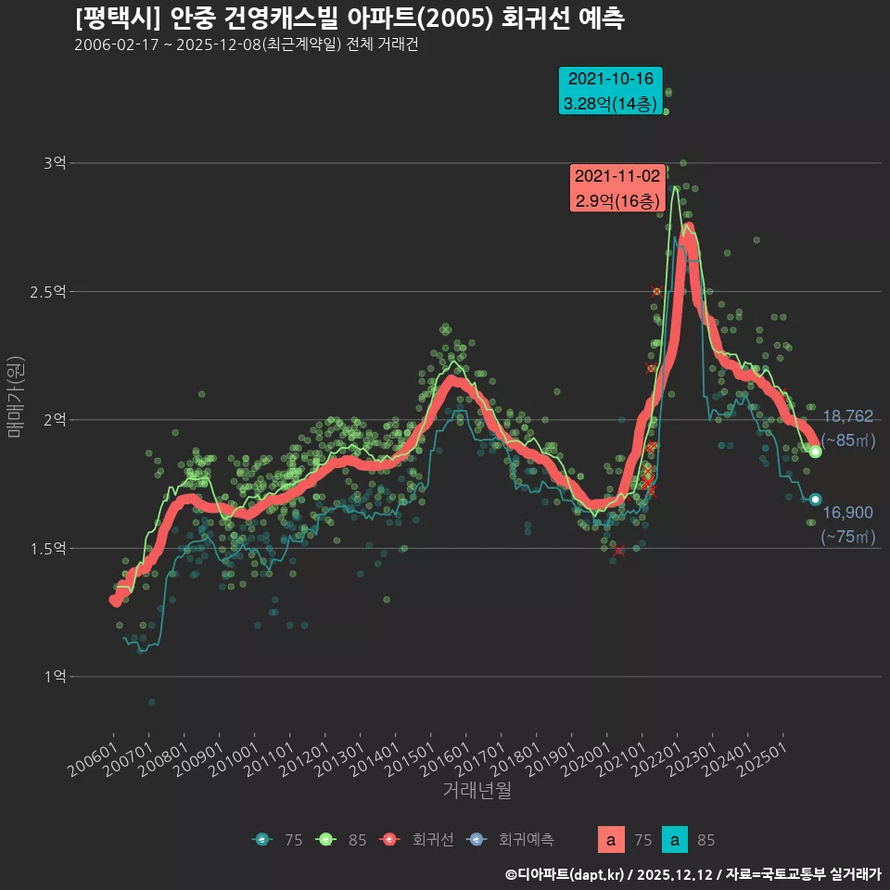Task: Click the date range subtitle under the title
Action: click(x=247, y=45)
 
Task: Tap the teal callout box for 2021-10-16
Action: click(x=610, y=91)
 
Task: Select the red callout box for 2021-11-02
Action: click(x=617, y=188)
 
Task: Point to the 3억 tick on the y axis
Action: click(x=54, y=163)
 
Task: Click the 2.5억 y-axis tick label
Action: click(x=48, y=292)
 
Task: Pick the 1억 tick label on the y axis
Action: click(x=54, y=677)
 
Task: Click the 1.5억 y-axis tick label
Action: click(x=48, y=549)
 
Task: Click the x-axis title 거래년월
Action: click(x=477, y=790)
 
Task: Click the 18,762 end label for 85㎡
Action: click(x=847, y=417)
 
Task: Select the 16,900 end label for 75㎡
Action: click(x=847, y=513)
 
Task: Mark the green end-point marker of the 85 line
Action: click(x=815, y=451)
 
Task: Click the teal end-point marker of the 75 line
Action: click(x=815, y=500)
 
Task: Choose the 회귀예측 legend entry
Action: click(x=513, y=840)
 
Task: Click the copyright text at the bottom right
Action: click(x=693, y=874)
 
